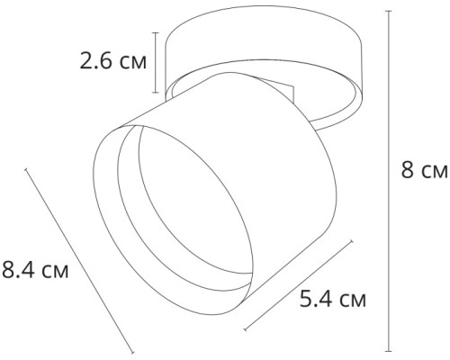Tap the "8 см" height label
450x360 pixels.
(422, 169)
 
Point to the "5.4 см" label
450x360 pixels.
(333, 297)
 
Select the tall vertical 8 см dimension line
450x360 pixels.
(389, 180)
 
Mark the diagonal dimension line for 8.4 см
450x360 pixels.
(81, 261)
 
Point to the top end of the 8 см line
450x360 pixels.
(389, 12)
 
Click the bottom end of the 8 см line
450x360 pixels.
(389, 350)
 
